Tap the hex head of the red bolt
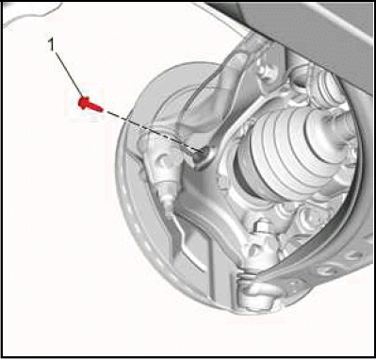(x=84, y=103)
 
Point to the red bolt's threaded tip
(x=100, y=108)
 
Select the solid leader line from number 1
(x=69, y=74)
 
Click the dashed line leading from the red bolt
(x=153, y=131)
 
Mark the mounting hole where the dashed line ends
(x=202, y=155)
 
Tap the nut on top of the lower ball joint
(x=262, y=228)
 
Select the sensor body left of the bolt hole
(x=162, y=163)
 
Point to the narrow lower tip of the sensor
(x=168, y=205)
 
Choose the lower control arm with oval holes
(x=318, y=257)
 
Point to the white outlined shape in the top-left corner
(x=31, y=12)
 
